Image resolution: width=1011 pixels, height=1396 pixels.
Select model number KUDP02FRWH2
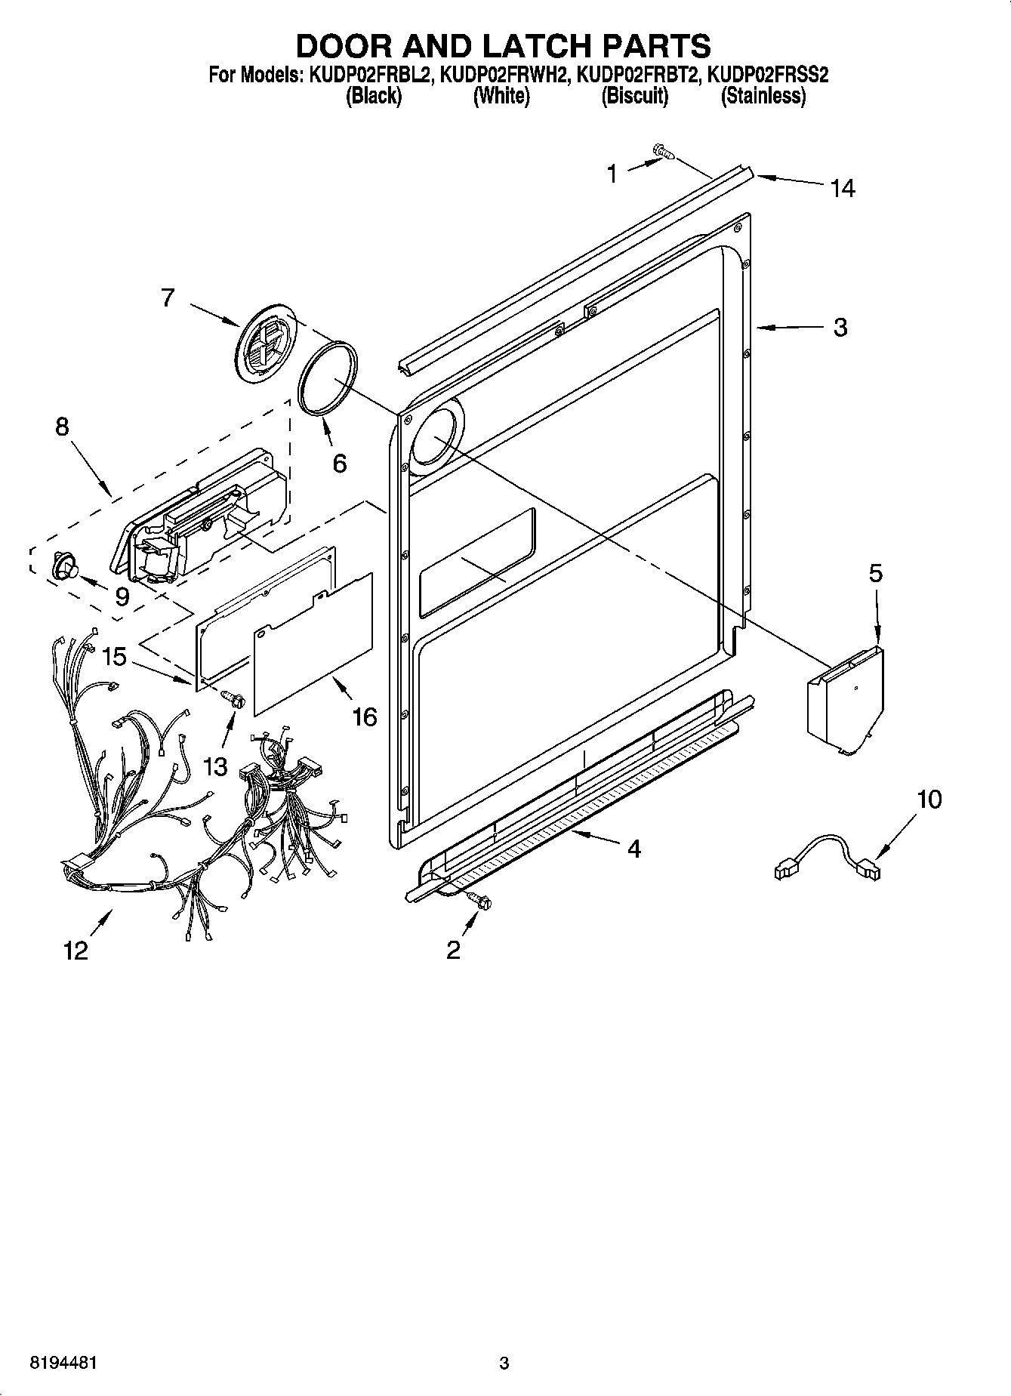pyautogui.click(x=503, y=75)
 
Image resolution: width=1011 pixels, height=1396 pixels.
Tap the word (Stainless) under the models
pyautogui.click(x=763, y=96)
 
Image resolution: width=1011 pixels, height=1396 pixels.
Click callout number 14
pyautogui.click(x=842, y=188)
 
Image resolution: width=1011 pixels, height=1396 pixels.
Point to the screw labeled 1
pyautogui.click(x=663, y=153)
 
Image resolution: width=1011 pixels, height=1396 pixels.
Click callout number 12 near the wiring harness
pyautogui.click(x=76, y=951)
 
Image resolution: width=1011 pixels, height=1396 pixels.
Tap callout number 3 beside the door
pyautogui.click(x=840, y=328)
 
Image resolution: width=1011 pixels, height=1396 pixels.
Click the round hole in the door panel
pyautogui.click(x=432, y=439)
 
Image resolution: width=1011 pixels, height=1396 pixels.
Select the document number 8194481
pyautogui.click(x=63, y=1364)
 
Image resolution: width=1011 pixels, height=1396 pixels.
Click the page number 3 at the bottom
pyautogui.click(x=504, y=1364)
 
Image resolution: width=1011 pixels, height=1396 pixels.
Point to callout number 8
pyautogui.click(x=62, y=427)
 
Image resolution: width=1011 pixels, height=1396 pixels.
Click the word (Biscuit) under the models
pyautogui.click(x=634, y=96)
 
